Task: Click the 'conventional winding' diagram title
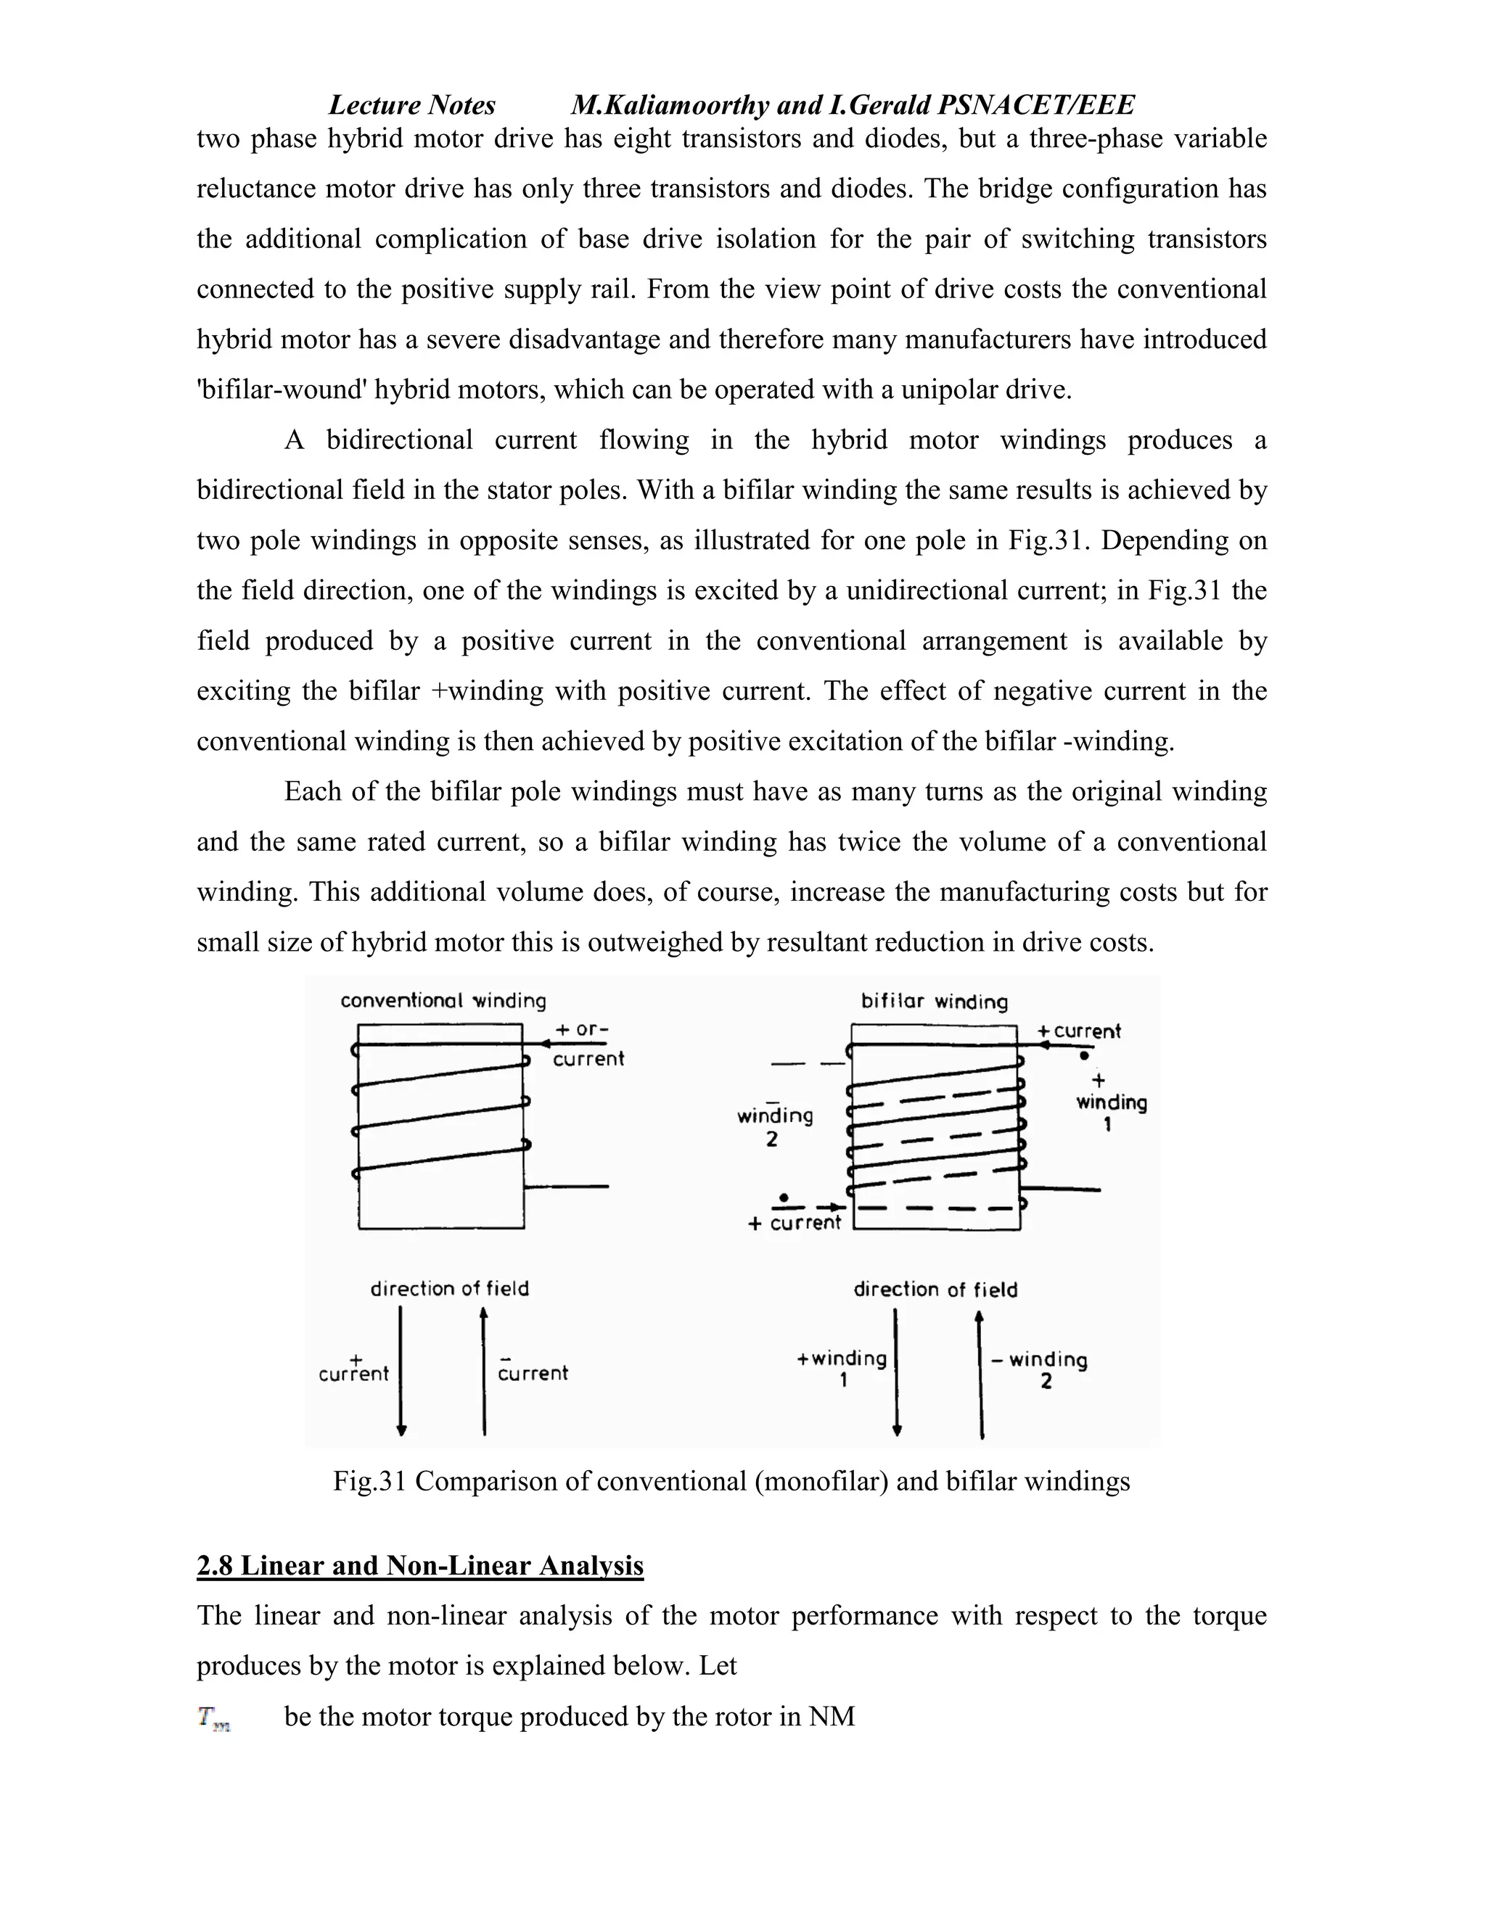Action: tap(443, 1001)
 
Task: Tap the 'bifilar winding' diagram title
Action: tap(934, 1002)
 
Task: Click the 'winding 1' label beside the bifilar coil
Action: tap(1111, 1111)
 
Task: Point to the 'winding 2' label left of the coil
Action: tap(775, 1126)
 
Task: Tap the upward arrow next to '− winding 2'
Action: tap(981, 1374)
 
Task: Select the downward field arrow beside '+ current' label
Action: tap(401, 1371)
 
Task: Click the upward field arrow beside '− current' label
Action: tap(483, 1371)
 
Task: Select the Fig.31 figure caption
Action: tap(731, 1481)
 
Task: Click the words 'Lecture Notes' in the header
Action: tap(411, 106)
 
